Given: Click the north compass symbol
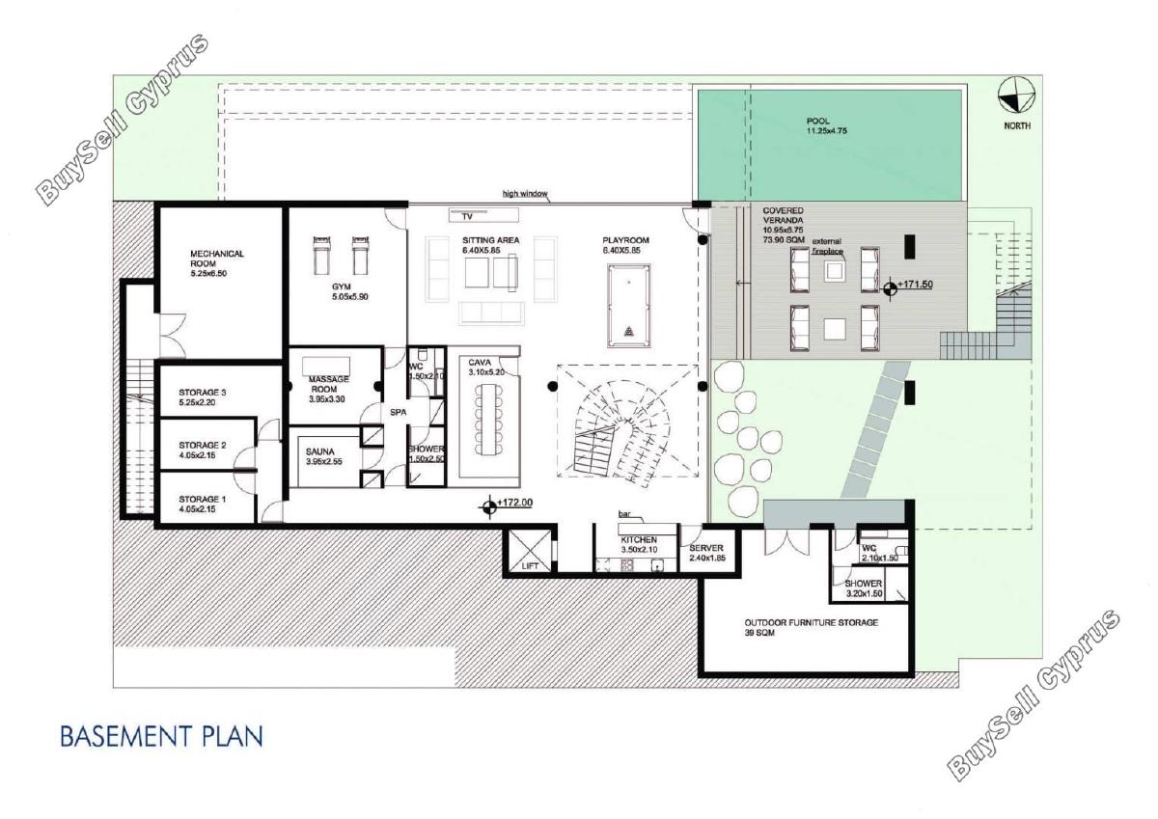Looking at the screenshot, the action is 1016,95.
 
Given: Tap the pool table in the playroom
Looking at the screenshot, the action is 628,307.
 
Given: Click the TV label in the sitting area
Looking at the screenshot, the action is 467,217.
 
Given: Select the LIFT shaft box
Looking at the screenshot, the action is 530,551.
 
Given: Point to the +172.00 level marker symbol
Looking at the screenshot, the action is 488,506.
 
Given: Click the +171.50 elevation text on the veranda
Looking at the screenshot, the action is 916,285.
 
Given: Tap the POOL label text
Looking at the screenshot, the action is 818,121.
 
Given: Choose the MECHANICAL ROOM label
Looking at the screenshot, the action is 216,259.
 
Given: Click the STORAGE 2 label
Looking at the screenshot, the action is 202,445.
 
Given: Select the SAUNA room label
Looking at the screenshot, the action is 319,451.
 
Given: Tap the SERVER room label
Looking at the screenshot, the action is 706,548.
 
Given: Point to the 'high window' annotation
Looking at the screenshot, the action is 525,194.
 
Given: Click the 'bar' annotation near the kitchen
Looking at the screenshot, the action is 624,514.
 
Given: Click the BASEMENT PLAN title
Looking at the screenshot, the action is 161,736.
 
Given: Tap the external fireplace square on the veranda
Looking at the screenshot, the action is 835,271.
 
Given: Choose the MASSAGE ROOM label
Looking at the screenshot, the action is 328,384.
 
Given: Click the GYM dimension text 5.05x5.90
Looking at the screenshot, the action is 350,296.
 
